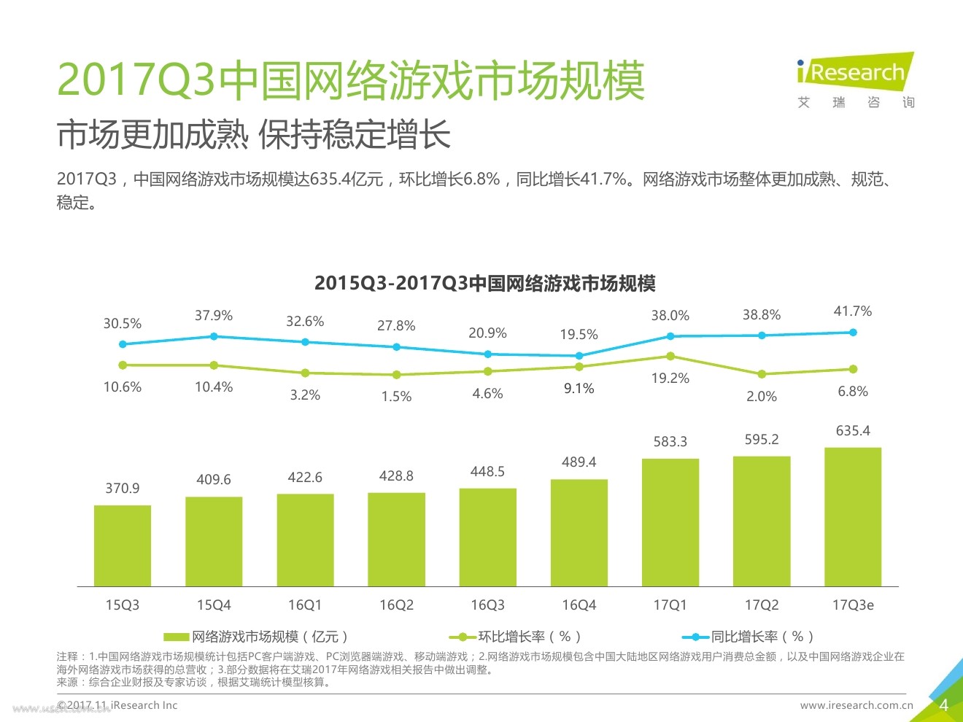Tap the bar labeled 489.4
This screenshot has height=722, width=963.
tap(579, 532)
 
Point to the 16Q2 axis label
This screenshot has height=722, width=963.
tap(396, 605)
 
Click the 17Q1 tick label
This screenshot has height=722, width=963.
tap(670, 605)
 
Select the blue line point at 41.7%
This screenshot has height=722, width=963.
tap(853, 333)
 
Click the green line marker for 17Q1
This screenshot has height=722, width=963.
tap(670, 357)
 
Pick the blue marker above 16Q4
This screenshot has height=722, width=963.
tap(579, 356)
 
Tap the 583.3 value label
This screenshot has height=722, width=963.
tap(670, 441)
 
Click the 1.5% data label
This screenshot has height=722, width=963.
tap(396, 397)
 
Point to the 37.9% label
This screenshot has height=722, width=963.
tap(214, 316)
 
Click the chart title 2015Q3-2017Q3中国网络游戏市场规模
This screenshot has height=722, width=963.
tap(485, 283)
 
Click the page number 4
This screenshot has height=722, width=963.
tap(943, 705)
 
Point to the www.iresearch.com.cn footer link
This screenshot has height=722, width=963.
tap(856, 705)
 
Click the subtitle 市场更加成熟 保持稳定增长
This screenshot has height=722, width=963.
tap(254, 136)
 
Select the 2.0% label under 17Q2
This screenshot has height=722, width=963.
tap(762, 397)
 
